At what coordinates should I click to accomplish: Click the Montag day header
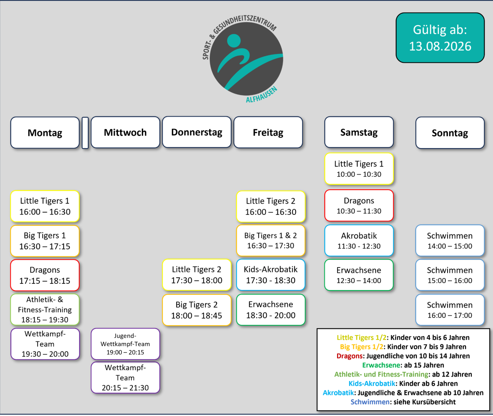45,133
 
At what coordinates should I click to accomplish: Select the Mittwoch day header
125,132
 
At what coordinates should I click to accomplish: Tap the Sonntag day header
450,133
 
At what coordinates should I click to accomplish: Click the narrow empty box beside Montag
85,133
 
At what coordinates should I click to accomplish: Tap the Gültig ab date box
440,38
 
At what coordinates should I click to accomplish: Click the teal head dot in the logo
234,41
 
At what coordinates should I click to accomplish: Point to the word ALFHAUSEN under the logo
262,95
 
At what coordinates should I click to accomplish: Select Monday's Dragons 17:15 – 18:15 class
45,275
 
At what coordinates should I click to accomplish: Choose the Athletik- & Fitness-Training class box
45,309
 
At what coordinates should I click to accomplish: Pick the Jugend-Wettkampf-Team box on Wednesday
125,344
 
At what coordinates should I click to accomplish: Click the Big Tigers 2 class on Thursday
197,310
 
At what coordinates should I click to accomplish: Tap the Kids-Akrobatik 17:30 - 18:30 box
271,275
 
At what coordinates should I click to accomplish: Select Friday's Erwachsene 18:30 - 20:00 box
271,310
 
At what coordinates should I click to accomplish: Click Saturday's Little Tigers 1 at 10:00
359,169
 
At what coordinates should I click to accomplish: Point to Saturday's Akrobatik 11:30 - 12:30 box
359,240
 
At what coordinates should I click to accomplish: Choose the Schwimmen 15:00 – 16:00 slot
450,275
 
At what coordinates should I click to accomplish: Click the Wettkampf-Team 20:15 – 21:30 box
125,377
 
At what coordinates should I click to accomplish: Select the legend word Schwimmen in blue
370,402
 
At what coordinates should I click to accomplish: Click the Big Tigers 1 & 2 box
271,240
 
